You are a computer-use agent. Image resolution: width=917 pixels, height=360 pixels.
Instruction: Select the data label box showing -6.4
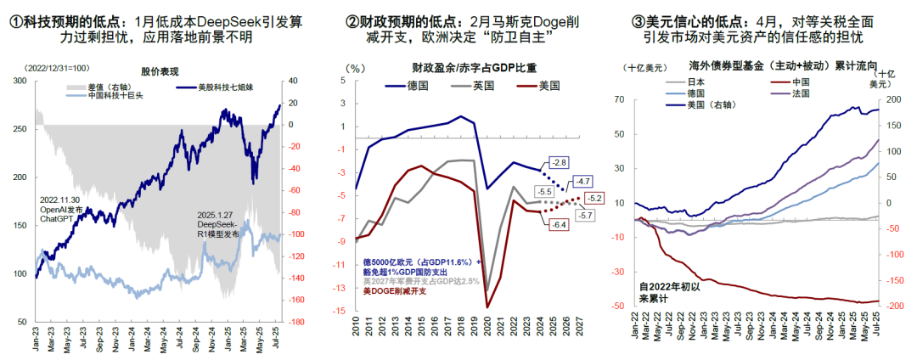pyautogui.click(x=558, y=224)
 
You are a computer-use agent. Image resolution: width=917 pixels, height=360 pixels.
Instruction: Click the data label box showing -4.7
pyautogui.click(x=582, y=182)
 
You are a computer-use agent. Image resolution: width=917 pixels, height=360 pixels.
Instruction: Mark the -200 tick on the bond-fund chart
pyautogui.click(x=896, y=307)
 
